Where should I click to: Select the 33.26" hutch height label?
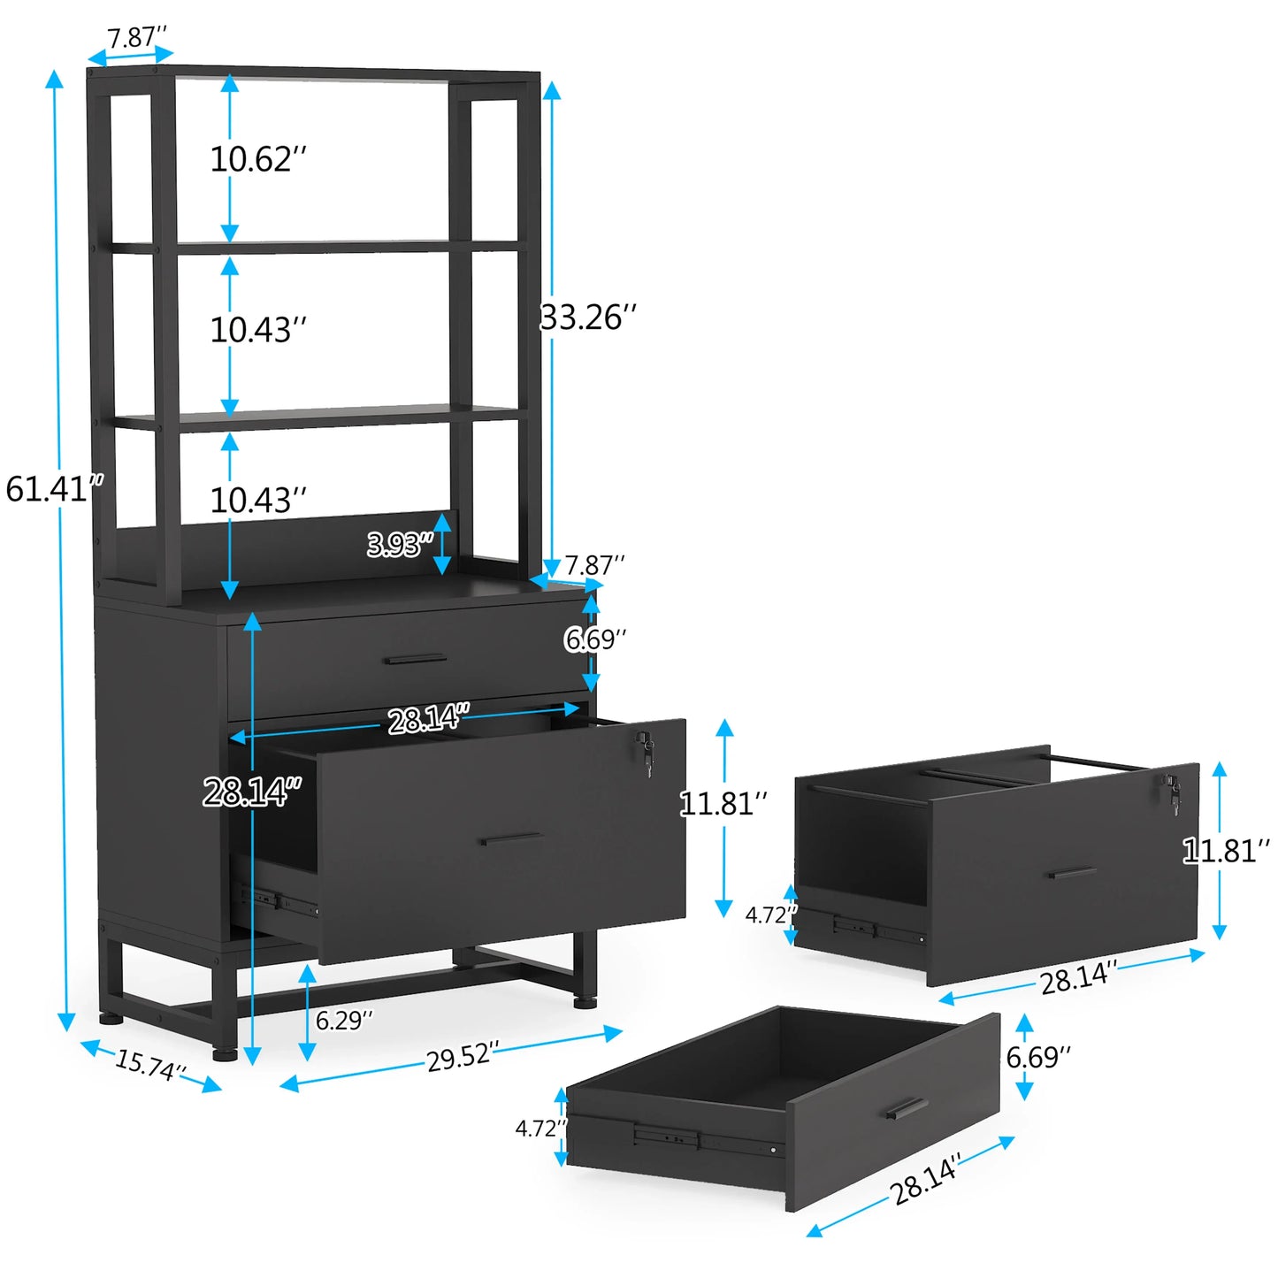coord(588,318)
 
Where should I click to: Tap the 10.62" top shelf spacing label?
coord(257,159)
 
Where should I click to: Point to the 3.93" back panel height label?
coord(400,544)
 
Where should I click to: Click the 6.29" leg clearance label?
coord(344,1020)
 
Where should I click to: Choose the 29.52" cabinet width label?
coord(462,1056)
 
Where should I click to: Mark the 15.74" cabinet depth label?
coord(150,1065)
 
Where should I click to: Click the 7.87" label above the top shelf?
coord(136,38)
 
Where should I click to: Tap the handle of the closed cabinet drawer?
coord(415,659)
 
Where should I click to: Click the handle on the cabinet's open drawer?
coord(512,838)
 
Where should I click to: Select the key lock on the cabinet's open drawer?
coord(646,752)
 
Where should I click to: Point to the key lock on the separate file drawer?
coord(1173,793)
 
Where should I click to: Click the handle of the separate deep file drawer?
coord(1072,873)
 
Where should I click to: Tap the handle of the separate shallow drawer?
coord(907,1109)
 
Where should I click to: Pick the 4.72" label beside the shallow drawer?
coord(540,1129)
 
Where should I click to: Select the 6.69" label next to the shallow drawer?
coord(1038,1056)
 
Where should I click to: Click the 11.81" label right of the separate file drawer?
coord(1226,851)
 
